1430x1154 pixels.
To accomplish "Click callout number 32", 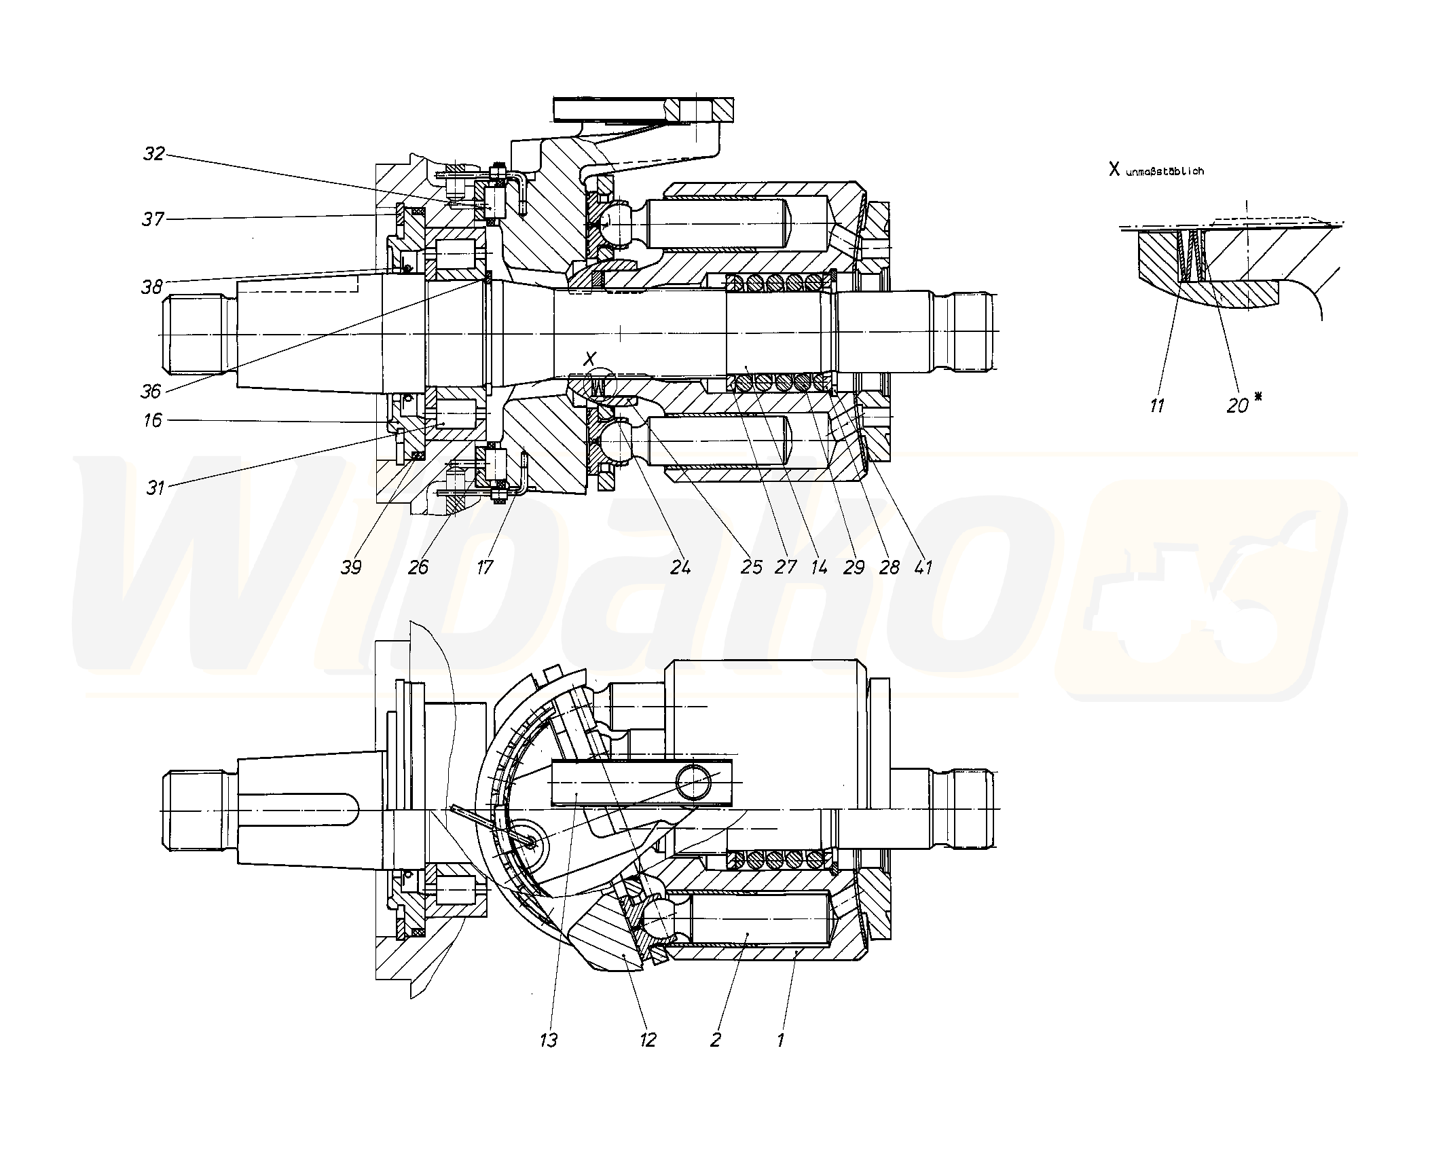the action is coord(155,153).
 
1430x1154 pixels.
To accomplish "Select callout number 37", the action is coord(153,219).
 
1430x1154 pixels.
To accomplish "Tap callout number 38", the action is coord(152,287).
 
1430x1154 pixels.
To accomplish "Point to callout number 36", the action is coord(151,391).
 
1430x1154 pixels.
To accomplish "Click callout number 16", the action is coord(153,421).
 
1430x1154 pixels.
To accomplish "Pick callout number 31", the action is coord(156,487).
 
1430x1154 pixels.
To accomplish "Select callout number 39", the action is coord(351,567).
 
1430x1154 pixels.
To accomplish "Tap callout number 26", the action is coord(418,567).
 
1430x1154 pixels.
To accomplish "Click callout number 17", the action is coord(484,567).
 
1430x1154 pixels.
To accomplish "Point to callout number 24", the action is coord(680,567).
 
